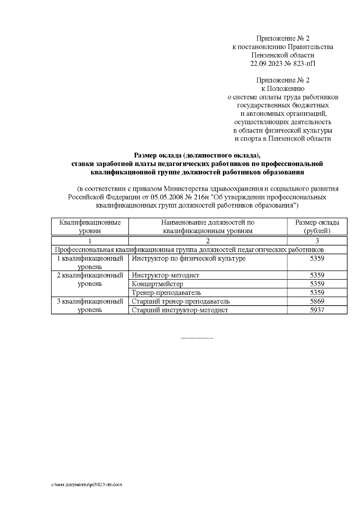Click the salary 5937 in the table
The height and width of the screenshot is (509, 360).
coord(317,310)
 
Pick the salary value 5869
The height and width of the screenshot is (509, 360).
coord(317,301)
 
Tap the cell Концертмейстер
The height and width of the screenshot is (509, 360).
coord(157,284)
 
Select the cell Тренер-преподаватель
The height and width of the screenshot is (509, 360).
coord(166,292)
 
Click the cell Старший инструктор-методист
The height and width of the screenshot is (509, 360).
coord(180,310)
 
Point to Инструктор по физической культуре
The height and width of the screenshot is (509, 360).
coord(189,258)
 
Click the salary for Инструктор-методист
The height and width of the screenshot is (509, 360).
coord(317,275)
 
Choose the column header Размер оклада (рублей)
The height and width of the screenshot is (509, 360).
coord(317,226)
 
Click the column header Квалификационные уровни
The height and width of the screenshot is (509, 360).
coord(90,226)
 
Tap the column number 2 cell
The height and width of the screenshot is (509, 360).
coord(208,241)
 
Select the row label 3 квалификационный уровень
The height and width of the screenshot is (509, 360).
coord(90,305)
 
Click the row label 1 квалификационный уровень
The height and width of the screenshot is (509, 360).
coord(90,262)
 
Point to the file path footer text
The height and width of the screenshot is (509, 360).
coord(87,484)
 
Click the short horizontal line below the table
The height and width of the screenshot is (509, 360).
coord(197,338)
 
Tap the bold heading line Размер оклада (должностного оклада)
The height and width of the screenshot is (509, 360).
coord(197,155)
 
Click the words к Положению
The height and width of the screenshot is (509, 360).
coord(283,89)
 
